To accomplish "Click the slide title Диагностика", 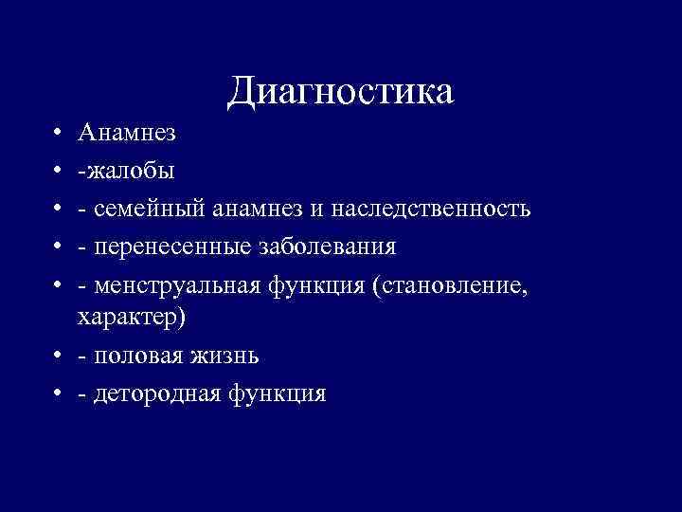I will tap(341, 91).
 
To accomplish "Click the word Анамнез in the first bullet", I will tap(127, 135).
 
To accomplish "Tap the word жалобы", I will tap(130, 172).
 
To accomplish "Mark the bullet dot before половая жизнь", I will tap(59, 357).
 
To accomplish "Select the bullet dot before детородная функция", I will tap(59, 393).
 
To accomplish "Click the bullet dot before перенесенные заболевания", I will tap(59, 247).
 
